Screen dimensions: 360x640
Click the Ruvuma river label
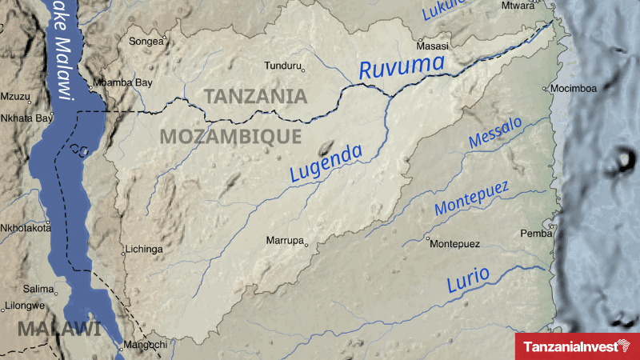[402, 66]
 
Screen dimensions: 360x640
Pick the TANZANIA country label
[255, 97]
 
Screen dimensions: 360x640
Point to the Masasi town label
[433, 46]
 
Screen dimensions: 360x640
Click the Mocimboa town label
[574, 88]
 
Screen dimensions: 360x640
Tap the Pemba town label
[536, 234]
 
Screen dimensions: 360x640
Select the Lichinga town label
[145, 250]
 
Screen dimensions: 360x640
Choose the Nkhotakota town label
[25, 227]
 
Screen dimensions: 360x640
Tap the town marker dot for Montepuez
[428, 238]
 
